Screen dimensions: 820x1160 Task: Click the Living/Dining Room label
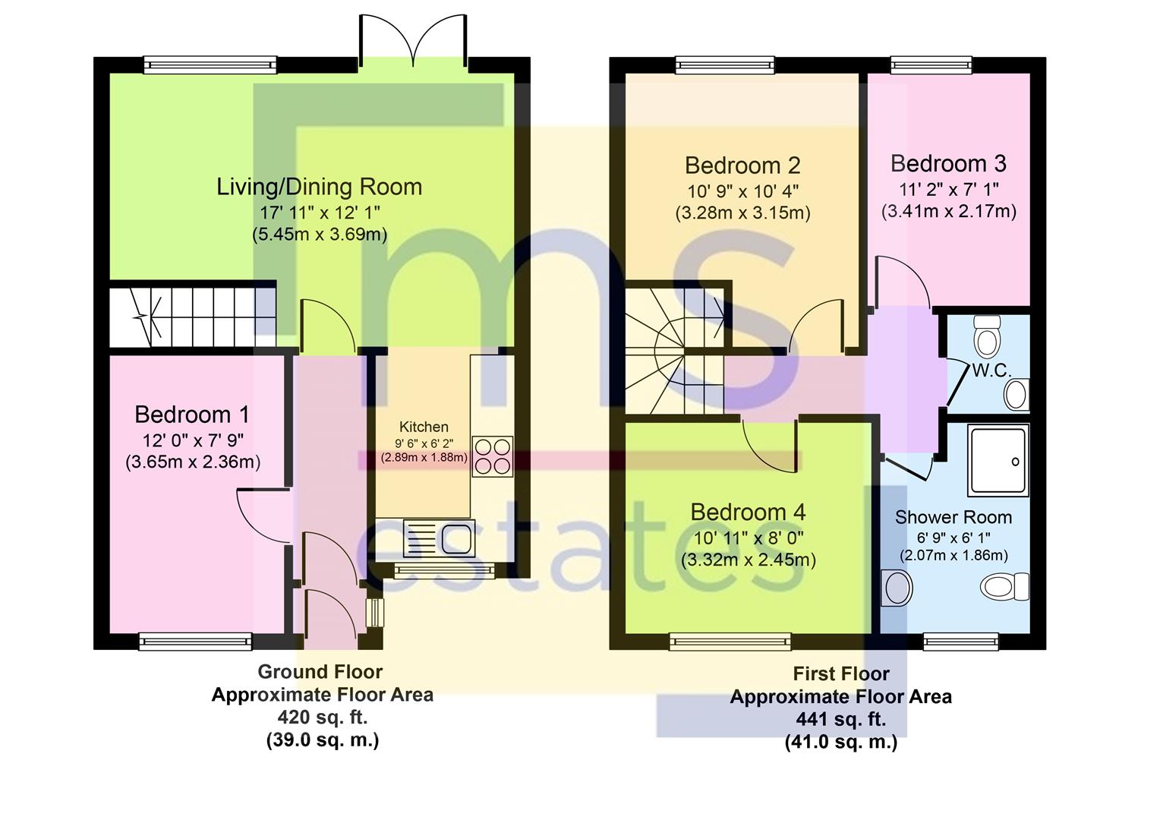point(319,187)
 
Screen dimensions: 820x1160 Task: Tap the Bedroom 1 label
point(192,415)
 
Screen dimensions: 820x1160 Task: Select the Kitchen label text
point(424,427)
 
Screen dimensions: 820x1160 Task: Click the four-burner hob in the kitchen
point(493,456)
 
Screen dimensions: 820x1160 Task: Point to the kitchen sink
point(440,538)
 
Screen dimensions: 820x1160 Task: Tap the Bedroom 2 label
point(742,166)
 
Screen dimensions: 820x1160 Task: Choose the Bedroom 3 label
point(948,163)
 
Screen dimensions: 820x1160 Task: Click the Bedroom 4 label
point(748,512)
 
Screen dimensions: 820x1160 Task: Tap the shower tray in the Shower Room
point(998,461)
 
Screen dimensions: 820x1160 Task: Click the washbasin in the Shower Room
point(897,588)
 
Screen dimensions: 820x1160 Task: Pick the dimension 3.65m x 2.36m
point(193,462)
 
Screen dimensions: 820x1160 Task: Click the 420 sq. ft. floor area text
point(323,717)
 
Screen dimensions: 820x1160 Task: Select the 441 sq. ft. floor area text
point(840,719)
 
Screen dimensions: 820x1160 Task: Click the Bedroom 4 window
point(730,642)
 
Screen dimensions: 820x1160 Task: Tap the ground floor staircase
point(192,315)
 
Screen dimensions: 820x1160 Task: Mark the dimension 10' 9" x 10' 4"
point(742,191)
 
